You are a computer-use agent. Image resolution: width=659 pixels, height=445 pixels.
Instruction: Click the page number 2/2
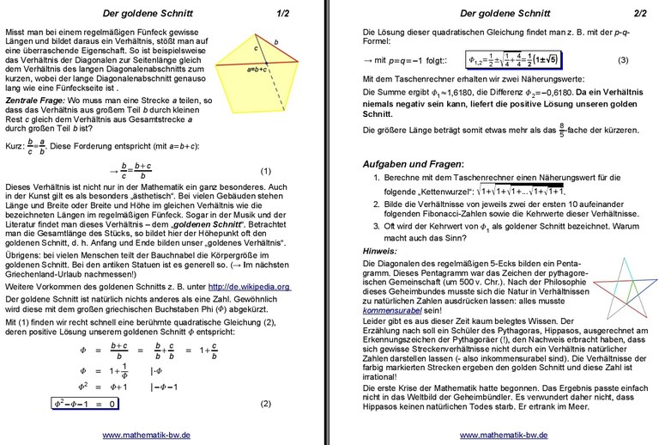click(640, 14)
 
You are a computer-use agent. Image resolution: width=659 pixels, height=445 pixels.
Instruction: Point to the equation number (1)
click(265, 171)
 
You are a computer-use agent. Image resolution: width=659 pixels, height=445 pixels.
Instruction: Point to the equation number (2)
click(265, 404)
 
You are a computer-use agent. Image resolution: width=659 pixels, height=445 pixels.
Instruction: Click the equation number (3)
click(623, 60)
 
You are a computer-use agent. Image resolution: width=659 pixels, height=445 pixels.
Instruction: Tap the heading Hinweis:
click(380, 250)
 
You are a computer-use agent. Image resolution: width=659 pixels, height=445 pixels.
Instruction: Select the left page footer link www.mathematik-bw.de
click(147, 435)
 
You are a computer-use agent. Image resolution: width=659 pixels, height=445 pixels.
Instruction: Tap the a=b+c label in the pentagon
click(257, 69)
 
